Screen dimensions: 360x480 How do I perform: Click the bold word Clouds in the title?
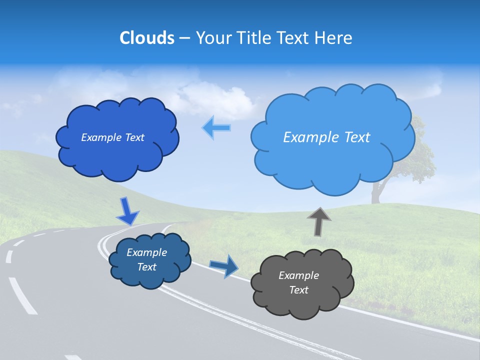click(x=146, y=38)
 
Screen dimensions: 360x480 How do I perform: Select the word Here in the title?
click(x=335, y=38)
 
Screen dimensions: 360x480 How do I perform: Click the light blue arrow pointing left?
click(x=216, y=127)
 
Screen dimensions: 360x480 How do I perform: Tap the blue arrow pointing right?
click(x=224, y=265)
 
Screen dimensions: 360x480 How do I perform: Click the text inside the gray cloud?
click(x=298, y=282)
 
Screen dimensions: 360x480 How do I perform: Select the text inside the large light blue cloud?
click(x=326, y=137)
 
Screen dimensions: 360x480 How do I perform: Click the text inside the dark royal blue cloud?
click(x=112, y=137)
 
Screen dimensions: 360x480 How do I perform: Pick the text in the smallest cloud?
click(x=146, y=259)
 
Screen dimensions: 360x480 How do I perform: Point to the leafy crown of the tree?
click(x=420, y=150)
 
